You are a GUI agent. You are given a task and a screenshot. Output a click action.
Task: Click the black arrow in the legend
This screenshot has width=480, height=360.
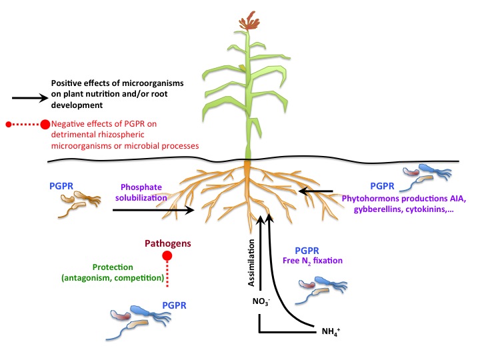(x=27, y=97)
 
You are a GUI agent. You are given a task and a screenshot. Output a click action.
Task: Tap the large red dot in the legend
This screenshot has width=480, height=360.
(x=45, y=125)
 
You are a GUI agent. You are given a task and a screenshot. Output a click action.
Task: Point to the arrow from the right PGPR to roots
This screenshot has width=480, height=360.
(x=316, y=191)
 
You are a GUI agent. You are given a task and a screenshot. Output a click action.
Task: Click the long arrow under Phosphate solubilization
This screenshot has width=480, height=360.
(x=153, y=210)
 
